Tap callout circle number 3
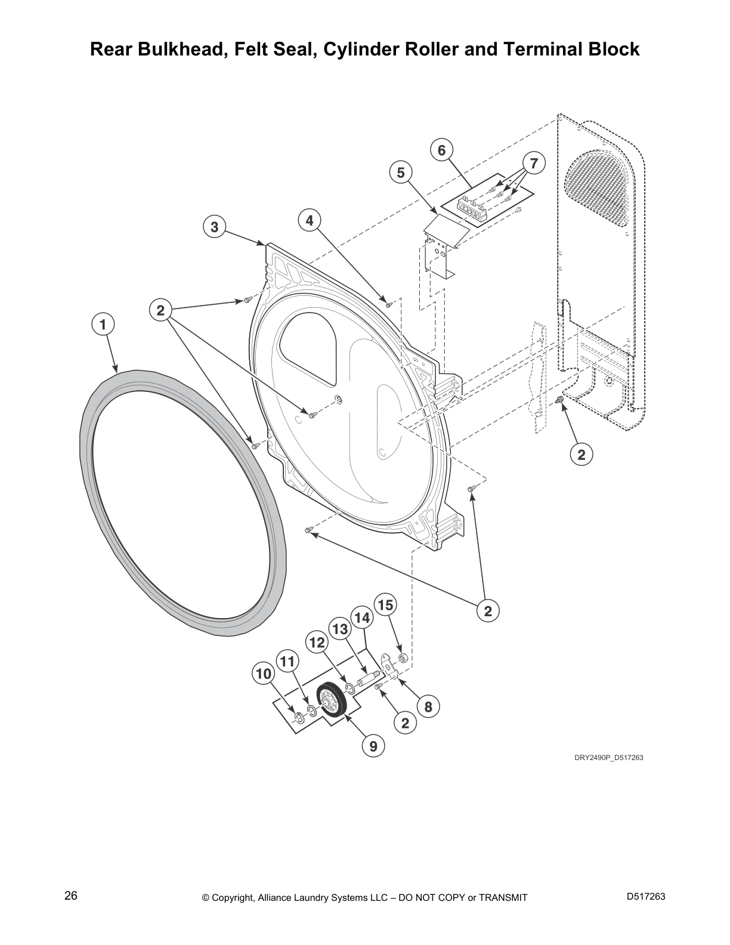[x=214, y=227]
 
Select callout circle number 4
[x=309, y=221]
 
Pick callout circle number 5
[x=401, y=172]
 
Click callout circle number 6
[x=441, y=150]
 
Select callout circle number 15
[x=385, y=605]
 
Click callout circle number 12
[x=317, y=643]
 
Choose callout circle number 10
[x=263, y=674]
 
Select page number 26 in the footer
[x=71, y=895]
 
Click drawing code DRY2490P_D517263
[x=608, y=758]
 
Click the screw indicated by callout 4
[x=389, y=304]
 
